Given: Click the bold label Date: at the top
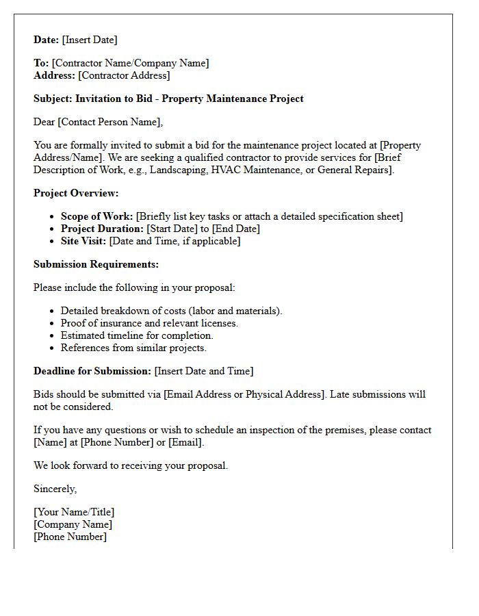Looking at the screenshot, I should [x=47, y=40].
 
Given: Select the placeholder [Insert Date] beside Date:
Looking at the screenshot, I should [x=90, y=40].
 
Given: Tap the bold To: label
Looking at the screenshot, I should [x=41, y=63].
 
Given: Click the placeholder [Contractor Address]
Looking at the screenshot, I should [x=124, y=75].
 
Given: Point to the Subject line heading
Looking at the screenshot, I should [x=168, y=99].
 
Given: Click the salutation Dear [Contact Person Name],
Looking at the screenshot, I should [x=99, y=122].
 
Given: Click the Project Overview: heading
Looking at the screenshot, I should [x=76, y=193].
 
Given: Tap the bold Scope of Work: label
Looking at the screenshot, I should [x=96, y=216].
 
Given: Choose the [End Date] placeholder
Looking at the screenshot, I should [x=236, y=229].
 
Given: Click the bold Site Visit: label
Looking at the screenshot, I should [x=83, y=241].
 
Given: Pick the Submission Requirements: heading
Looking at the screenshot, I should [x=96, y=264].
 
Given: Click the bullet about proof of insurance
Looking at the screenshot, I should [x=149, y=323].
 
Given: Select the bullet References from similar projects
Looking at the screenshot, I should [x=133, y=348].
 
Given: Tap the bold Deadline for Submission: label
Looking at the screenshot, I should [x=92, y=371].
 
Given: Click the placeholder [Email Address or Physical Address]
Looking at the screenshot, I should [x=243, y=394].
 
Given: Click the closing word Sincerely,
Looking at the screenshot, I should [x=55, y=489].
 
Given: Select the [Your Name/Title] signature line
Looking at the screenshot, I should [x=74, y=512].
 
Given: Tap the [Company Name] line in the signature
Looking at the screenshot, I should [x=73, y=524].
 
